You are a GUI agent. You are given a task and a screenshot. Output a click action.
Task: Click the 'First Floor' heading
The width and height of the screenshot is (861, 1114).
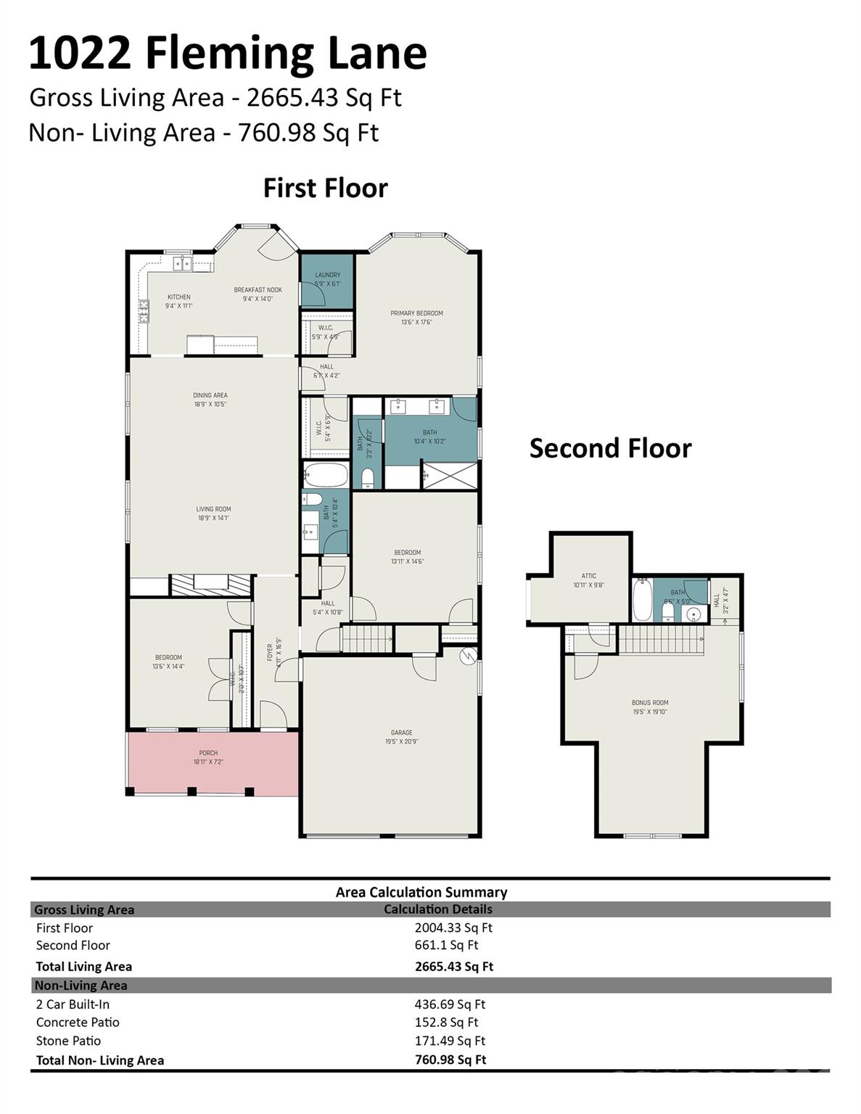tap(325, 188)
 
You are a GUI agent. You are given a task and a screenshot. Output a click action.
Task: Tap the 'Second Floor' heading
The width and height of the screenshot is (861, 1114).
tap(610, 448)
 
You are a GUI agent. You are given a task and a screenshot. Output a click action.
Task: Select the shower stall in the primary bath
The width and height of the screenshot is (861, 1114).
tap(450, 476)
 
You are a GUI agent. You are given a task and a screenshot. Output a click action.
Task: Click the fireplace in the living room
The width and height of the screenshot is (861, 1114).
tap(210, 584)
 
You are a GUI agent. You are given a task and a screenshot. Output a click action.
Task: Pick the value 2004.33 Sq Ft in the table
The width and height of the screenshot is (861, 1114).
tap(453, 928)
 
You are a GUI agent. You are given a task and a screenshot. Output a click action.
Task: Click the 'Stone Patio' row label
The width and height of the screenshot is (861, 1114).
tap(68, 1041)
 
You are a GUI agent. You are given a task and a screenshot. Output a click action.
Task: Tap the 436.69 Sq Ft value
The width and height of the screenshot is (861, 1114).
tap(450, 1004)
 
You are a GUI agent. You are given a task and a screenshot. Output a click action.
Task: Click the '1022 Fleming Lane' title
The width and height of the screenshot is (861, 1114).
tap(228, 53)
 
